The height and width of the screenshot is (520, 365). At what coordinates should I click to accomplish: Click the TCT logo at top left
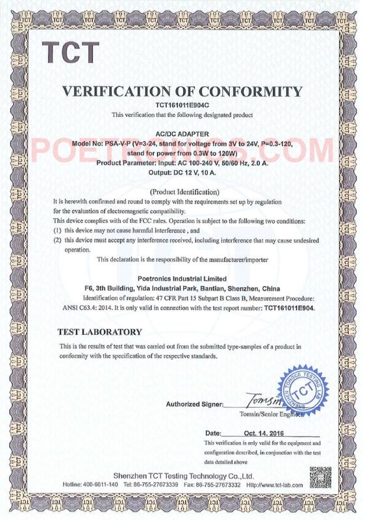71,53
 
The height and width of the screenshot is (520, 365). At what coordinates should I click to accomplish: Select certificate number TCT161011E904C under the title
182,104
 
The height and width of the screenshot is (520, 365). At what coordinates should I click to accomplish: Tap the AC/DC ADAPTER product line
182,133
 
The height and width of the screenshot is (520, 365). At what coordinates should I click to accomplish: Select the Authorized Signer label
194,404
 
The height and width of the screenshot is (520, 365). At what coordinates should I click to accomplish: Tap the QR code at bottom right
319,478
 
